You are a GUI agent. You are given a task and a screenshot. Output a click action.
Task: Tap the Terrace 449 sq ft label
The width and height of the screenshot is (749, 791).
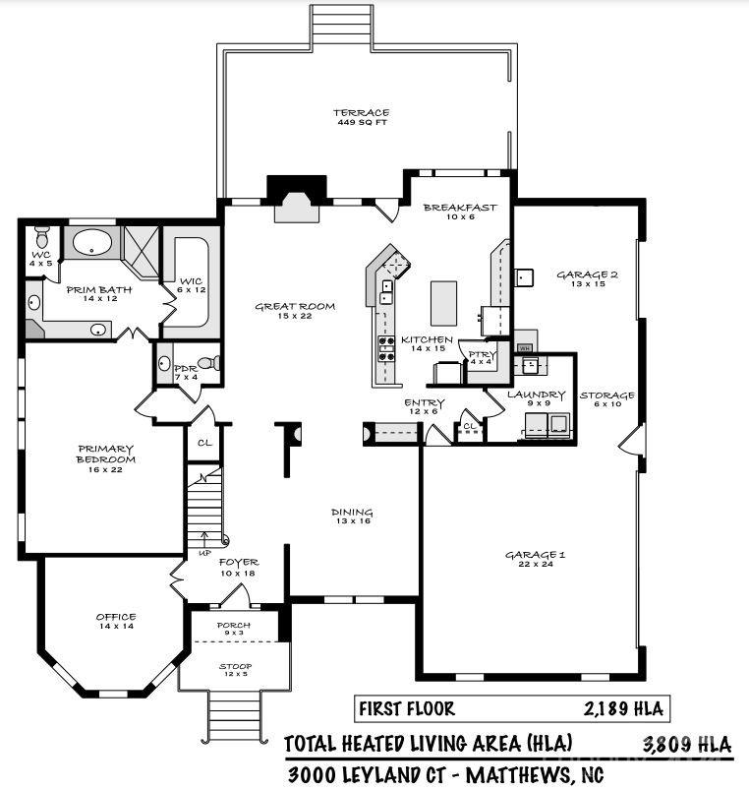click(361, 117)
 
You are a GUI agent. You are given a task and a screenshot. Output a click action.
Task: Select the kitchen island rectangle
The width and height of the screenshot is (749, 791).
click(443, 303)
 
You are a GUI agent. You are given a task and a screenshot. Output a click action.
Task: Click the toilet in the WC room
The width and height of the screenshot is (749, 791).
click(42, 235)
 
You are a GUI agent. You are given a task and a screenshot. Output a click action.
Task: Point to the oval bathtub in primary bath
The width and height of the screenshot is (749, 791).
click(91, 243)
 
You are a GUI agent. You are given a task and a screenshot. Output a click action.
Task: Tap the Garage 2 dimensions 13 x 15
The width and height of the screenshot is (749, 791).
click(588, 284)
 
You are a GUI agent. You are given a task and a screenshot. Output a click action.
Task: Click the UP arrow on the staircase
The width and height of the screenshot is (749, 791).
click(204, 539)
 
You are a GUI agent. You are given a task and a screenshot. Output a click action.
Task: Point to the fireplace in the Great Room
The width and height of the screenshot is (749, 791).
click(297, 199)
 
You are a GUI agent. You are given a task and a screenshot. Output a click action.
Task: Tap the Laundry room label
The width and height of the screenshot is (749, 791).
click(537, 395)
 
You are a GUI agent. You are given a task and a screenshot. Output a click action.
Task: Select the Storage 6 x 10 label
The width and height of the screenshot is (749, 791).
click(606, 399)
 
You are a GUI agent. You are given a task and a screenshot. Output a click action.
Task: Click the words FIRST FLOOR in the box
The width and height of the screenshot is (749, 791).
click(406, 708)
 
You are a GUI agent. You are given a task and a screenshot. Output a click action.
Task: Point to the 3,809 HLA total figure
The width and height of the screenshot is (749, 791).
click(686, 744)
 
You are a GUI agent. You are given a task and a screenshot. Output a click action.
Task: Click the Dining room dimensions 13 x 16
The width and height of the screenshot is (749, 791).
click(353, 521)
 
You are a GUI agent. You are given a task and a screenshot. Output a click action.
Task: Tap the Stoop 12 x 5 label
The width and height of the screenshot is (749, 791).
click(235, 670)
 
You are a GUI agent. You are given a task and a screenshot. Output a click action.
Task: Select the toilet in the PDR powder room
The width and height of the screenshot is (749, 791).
click(208, 363)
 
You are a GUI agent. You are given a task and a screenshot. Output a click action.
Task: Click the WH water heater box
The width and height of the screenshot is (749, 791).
click(524, 347)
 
